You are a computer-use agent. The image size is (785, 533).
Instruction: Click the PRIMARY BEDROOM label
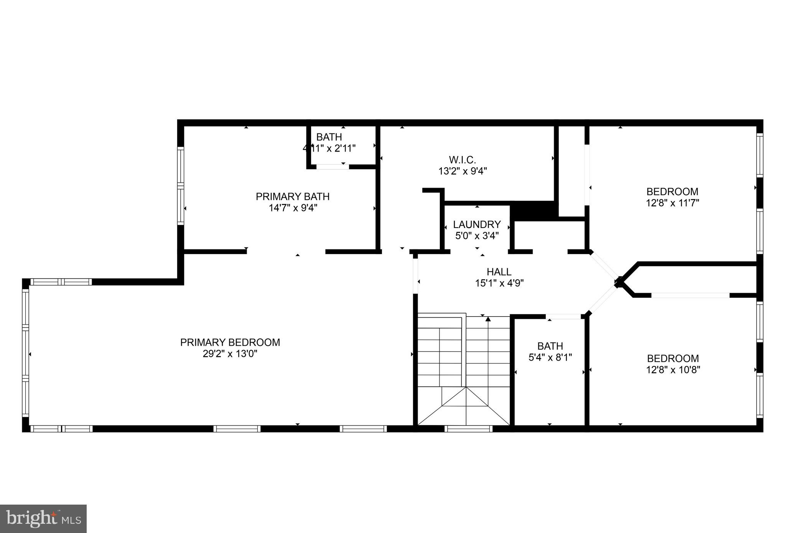[230, 342]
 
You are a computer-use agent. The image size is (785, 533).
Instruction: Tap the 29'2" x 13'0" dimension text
[230, 354]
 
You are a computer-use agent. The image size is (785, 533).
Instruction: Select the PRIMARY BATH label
[293, 196]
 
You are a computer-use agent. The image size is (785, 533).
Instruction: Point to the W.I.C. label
[462, 160]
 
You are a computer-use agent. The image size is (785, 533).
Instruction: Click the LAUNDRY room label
[477, 224]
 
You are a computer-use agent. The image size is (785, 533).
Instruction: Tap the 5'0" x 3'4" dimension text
[477, 236]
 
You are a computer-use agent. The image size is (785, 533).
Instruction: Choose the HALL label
[499, 272]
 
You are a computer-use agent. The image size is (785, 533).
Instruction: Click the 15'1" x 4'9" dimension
[499, 284]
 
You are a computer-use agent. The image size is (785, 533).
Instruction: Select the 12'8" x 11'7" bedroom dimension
[672, 203]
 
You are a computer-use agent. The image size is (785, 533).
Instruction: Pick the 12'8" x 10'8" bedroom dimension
[673, 370]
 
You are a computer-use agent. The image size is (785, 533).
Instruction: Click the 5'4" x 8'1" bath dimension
[550, 358]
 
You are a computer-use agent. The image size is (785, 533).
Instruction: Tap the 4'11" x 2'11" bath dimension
[329, 149]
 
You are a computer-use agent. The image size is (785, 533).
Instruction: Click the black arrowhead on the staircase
[488, 319]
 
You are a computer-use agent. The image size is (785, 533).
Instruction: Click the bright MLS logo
[43, 519]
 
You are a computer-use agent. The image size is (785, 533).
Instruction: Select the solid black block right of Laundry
[533, 211]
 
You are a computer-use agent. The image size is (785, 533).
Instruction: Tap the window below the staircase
[468, 429]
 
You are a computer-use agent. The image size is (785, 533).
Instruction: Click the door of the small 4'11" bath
[332, 167]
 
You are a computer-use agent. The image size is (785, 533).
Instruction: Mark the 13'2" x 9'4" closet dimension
[462, 171]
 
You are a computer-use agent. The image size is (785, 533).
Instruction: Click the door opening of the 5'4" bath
[563, 317]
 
